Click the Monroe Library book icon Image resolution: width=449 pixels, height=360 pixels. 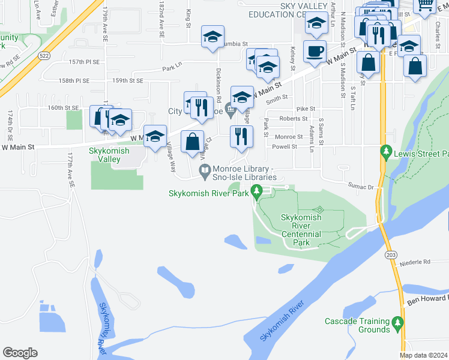tap(205, 172)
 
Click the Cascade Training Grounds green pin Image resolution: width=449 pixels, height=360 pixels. tap(397, 324)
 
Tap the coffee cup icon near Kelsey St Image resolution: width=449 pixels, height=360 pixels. tap(315, 52)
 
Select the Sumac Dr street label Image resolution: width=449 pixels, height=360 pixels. tap(361, 187)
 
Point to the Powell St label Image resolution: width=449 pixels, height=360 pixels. tap(285, 146)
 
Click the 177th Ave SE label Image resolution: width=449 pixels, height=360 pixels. tap(70, 172)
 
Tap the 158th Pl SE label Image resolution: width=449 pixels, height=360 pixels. tap(74, 80)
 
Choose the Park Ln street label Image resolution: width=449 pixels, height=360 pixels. tap(172, 69)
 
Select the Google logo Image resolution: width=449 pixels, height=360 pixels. tap(20, 353)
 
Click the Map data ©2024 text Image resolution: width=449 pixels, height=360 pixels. tap(423, 355)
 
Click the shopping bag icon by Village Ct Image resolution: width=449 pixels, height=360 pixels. tap(192, 143)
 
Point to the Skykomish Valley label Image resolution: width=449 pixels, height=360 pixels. tap(109, 155)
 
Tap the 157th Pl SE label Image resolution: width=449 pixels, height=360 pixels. tap(84, 62)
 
